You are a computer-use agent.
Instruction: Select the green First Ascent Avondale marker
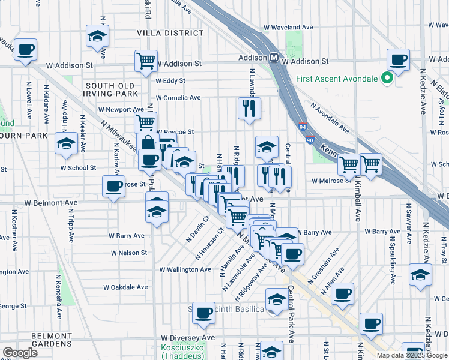pyautogui.click(x=387, y=78)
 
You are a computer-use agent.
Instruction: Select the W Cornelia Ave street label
pyautogui.click(x=179, y=97)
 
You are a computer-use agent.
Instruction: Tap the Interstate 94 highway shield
pyautogui.click(x=303, y=127)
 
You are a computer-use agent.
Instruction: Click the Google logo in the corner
pyautogui.click(x=20, y=353)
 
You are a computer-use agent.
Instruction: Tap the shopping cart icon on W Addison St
pyautogui.click(x=146, y=61)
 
